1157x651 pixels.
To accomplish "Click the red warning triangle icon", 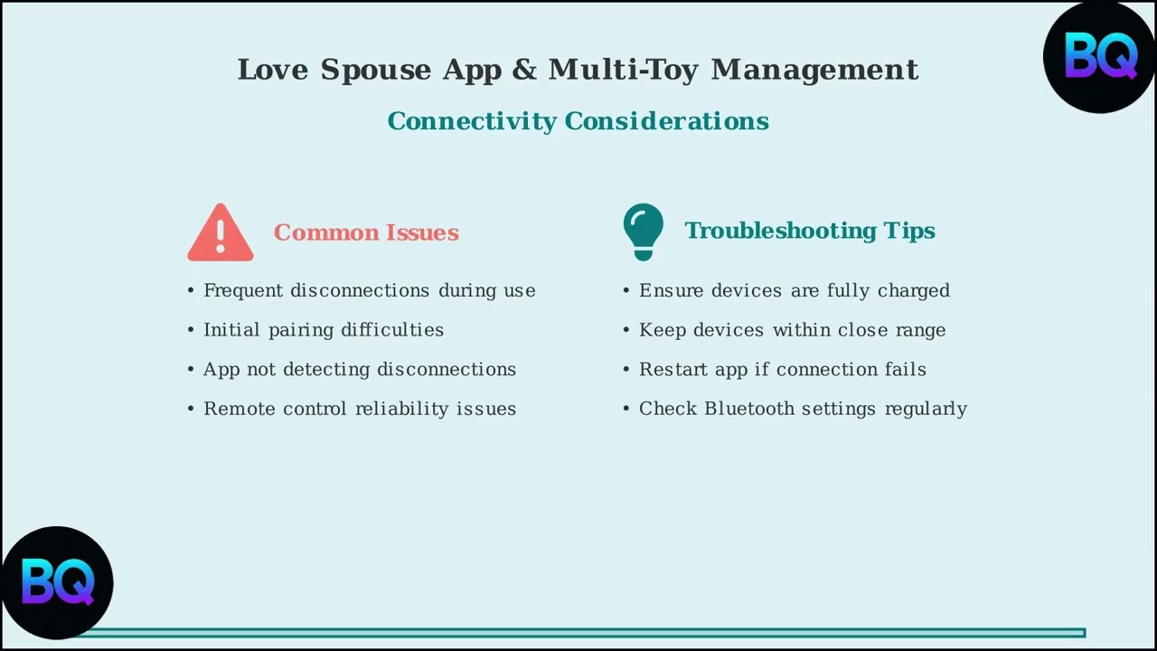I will [221, 234].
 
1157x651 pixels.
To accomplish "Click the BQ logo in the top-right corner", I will [1100, 56].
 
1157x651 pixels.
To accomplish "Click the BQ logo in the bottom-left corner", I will [57, 582].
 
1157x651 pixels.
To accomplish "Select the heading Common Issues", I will [366, 232].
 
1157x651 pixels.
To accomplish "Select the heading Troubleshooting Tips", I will [809, 231].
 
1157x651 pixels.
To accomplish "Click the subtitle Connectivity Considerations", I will [578, 121].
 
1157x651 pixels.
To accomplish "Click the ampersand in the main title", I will [524, 70].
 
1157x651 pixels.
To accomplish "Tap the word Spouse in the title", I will [375, 70].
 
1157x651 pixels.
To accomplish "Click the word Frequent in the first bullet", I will [239, 290].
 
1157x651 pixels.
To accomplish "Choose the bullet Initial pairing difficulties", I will [323, 330].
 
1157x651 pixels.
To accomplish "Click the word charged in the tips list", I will [913, 290].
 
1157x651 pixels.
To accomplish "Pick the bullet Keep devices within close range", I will [792, 330].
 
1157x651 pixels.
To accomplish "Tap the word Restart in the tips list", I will [671, 369].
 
